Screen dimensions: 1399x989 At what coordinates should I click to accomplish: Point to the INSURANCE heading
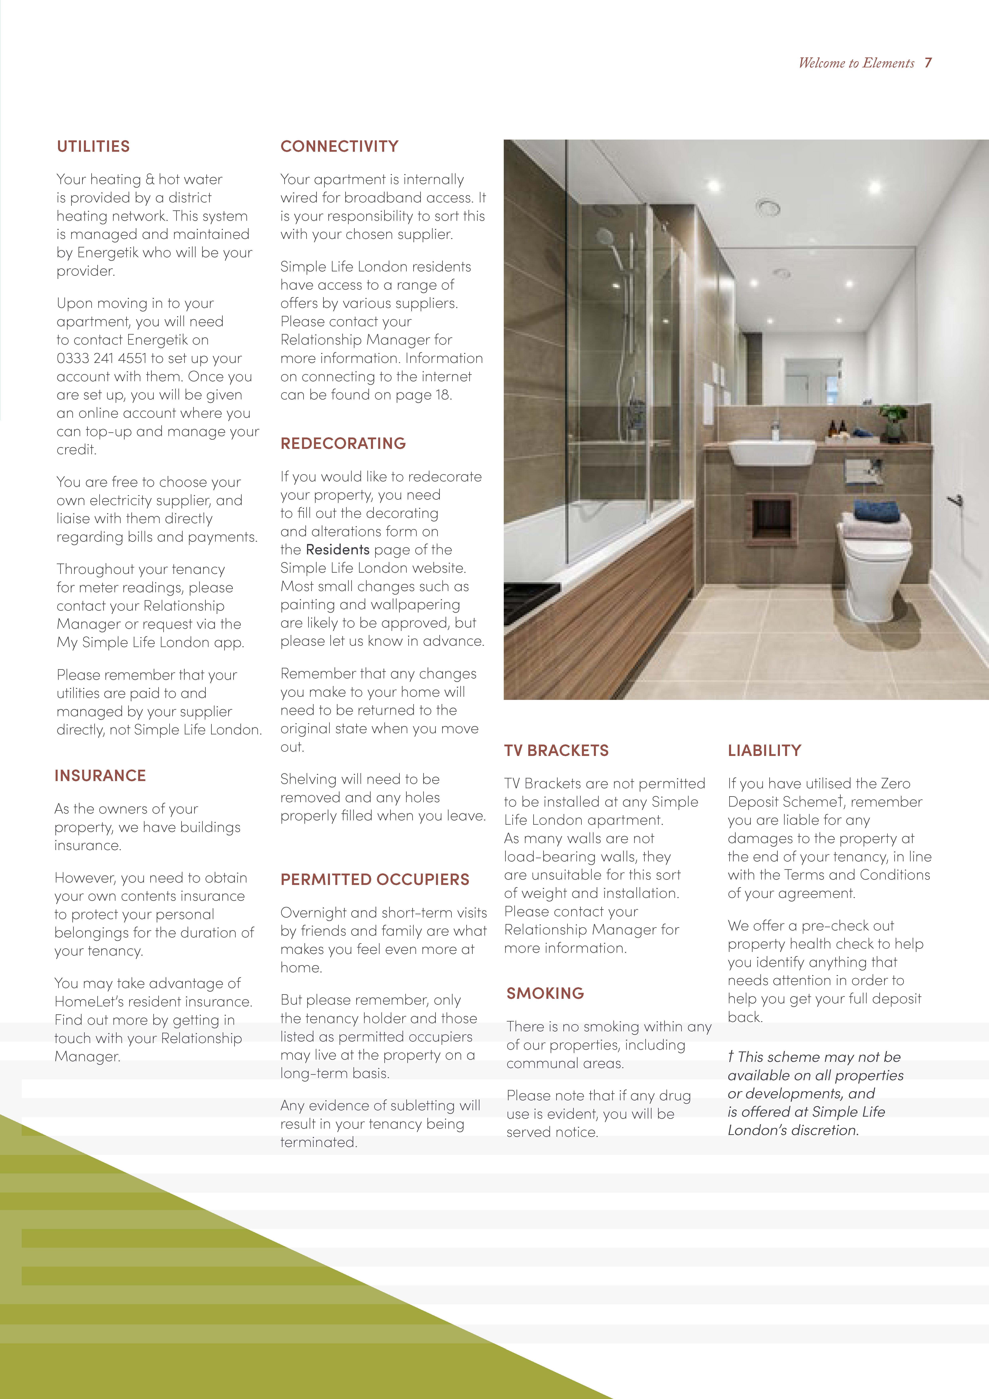pos(100,776)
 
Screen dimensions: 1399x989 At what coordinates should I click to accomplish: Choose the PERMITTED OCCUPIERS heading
pos(375,880)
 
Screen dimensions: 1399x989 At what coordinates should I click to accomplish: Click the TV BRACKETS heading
pos(556,751)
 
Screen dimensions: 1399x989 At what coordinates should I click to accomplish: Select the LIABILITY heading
pos(764,751)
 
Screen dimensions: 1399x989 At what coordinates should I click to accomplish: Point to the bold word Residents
pos(338,550)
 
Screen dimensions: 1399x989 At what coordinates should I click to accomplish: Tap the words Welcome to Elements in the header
pos(856,63)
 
